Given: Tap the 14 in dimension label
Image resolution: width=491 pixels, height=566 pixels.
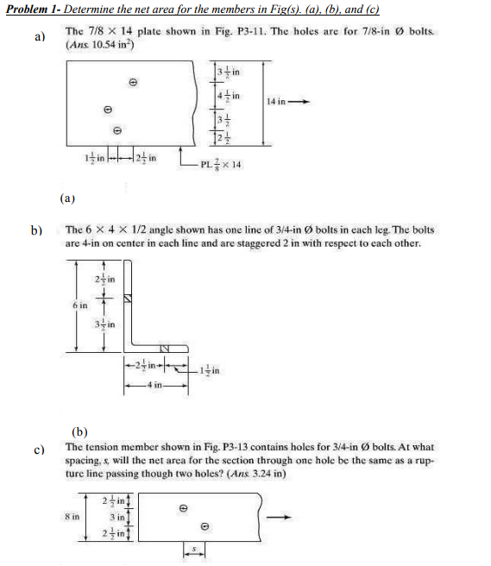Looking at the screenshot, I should coord(276,101).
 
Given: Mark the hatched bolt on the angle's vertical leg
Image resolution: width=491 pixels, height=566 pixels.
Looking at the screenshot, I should coord(129,299).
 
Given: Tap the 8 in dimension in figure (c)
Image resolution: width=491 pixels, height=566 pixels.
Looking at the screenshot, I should coord(73,515).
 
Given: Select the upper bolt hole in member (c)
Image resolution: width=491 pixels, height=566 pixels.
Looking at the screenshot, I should coord(182,508).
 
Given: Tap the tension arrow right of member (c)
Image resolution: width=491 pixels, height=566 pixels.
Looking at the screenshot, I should coord(278,517).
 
